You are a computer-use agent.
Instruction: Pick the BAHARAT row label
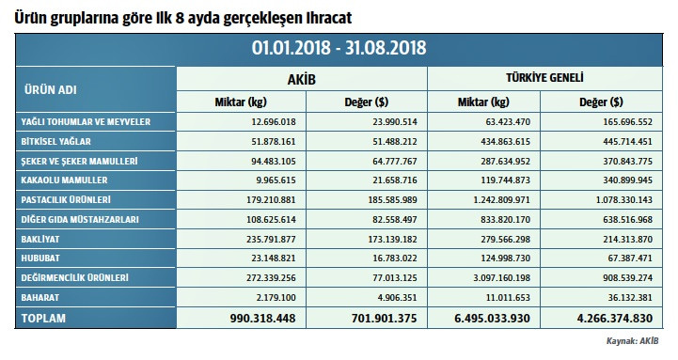point(42,297)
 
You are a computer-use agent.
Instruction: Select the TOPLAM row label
point(43,319)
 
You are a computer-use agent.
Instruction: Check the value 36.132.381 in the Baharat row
point(622,298)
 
